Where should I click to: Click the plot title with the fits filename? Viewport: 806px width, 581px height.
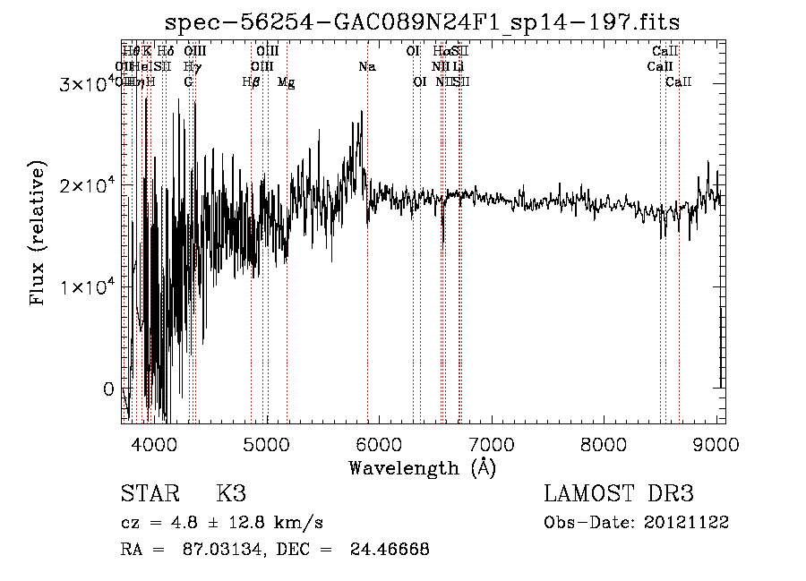pos(423,23)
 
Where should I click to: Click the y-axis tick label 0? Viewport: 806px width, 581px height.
pos(109,389)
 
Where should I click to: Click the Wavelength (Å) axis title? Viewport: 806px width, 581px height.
pos(422,468)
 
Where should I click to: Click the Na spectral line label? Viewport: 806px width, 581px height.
pos(367,67)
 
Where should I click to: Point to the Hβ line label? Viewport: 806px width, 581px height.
pos(252,82)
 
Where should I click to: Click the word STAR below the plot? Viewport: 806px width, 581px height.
pos(150,494)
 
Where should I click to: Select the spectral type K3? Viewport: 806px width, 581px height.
pos(230,494)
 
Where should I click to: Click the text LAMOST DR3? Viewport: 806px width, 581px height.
pos(619,494)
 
